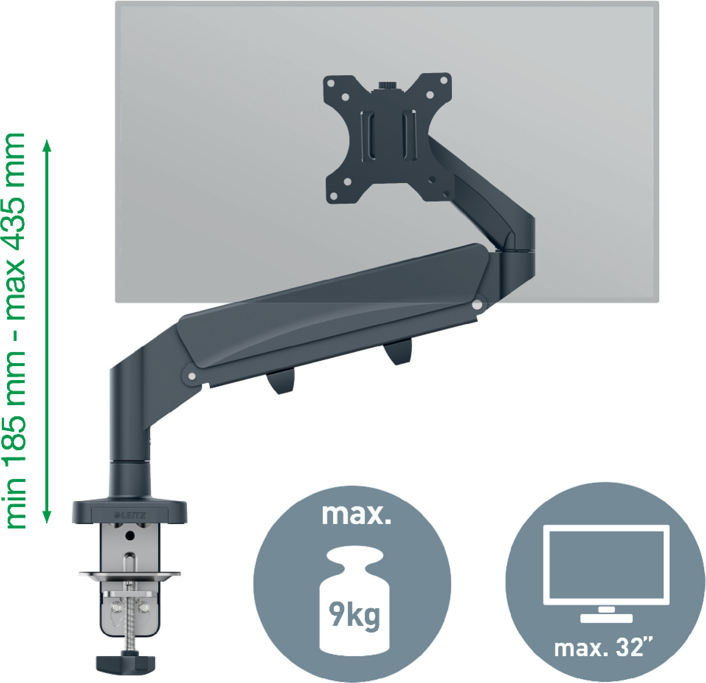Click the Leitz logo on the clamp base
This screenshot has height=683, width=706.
130,515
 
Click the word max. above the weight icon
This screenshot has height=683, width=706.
356,515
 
